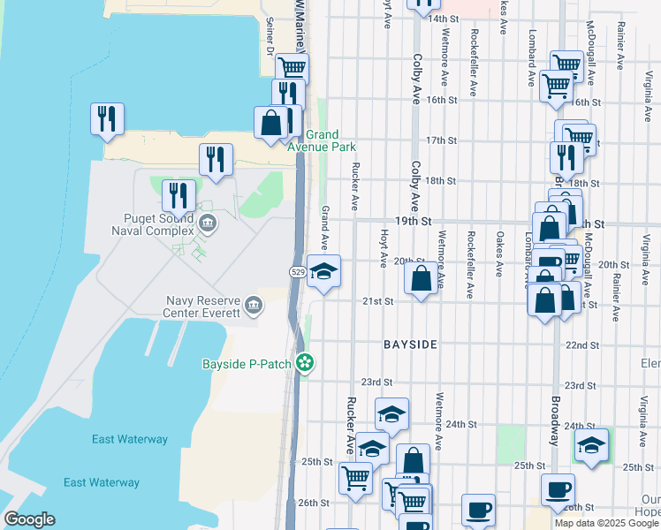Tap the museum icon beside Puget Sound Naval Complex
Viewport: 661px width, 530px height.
tap(208, 222)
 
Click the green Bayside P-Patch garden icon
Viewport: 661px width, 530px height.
tap(306, 362)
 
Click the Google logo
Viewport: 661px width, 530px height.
tap(29, 519)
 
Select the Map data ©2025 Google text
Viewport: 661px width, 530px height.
tap(606, 523)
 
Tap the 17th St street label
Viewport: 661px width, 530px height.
tap(440, 140)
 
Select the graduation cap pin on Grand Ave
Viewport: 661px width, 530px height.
tap(324, 272)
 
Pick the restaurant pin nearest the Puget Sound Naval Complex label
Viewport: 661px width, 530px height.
tap(179, 196)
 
